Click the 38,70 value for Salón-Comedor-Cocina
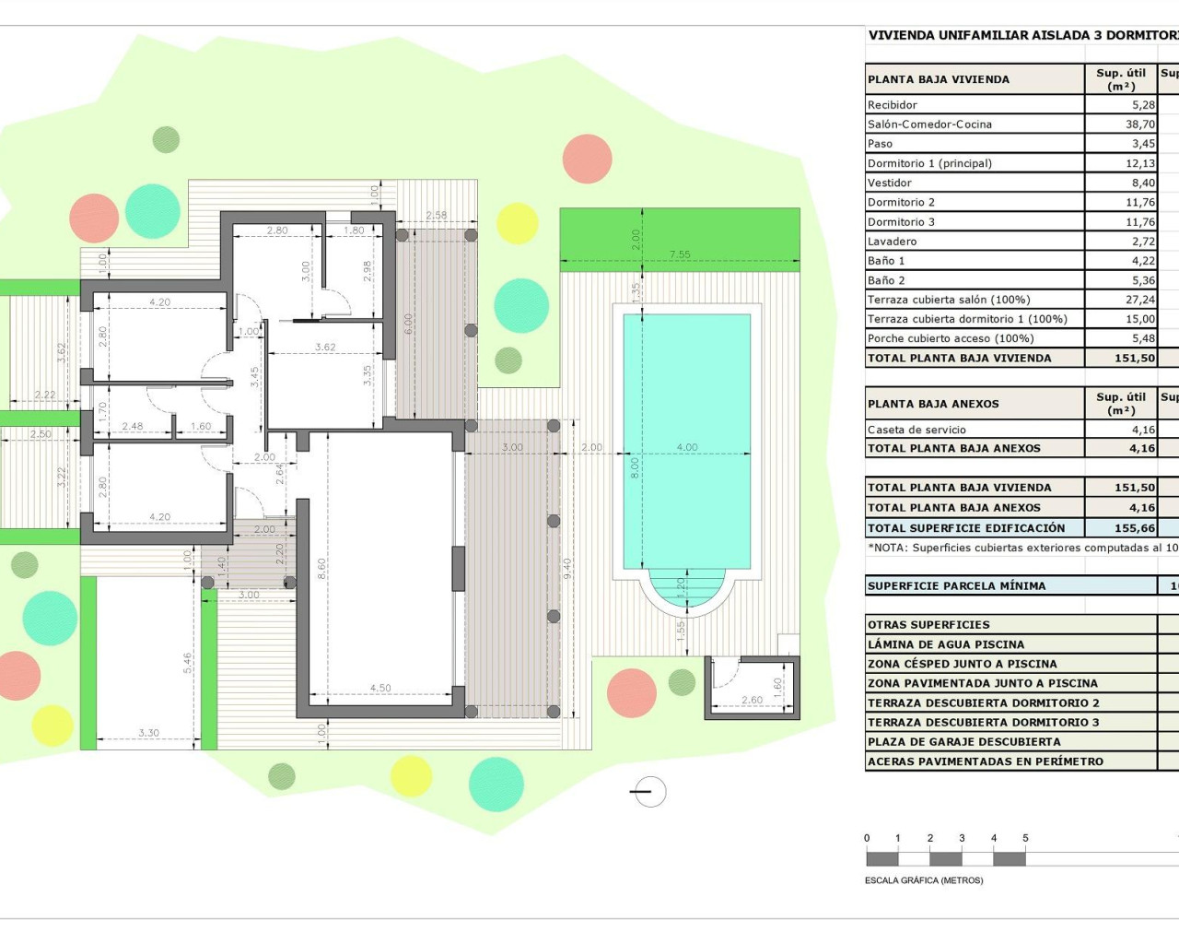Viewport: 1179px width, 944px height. (x=1139, y=124)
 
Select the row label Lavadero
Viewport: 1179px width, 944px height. (x=892, y=242)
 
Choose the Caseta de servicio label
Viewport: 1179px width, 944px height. (x=916, y=430)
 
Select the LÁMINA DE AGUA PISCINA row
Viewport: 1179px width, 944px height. (x=945, y=644)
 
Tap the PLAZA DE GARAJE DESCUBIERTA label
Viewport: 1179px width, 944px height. (x=963, y=742)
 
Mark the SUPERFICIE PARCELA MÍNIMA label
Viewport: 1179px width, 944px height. (x=956, y=585)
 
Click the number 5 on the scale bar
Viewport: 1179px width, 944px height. (x=1025, y=838)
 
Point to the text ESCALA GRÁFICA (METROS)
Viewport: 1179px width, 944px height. (x=924, y=880)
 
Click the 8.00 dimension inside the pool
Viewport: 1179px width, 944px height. (x=635, y=468)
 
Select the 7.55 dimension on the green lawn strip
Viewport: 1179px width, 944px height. (x=680, y=254)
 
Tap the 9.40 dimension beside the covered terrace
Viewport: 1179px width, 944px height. (x=568, y=569)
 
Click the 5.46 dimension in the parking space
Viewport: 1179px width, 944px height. (x=188, y=663)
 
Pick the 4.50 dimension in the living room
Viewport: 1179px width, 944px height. (x=380, y=688)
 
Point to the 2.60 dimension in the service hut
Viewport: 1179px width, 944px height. (x=752, y=700)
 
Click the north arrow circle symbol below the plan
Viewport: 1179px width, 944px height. (x=649, y=791)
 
